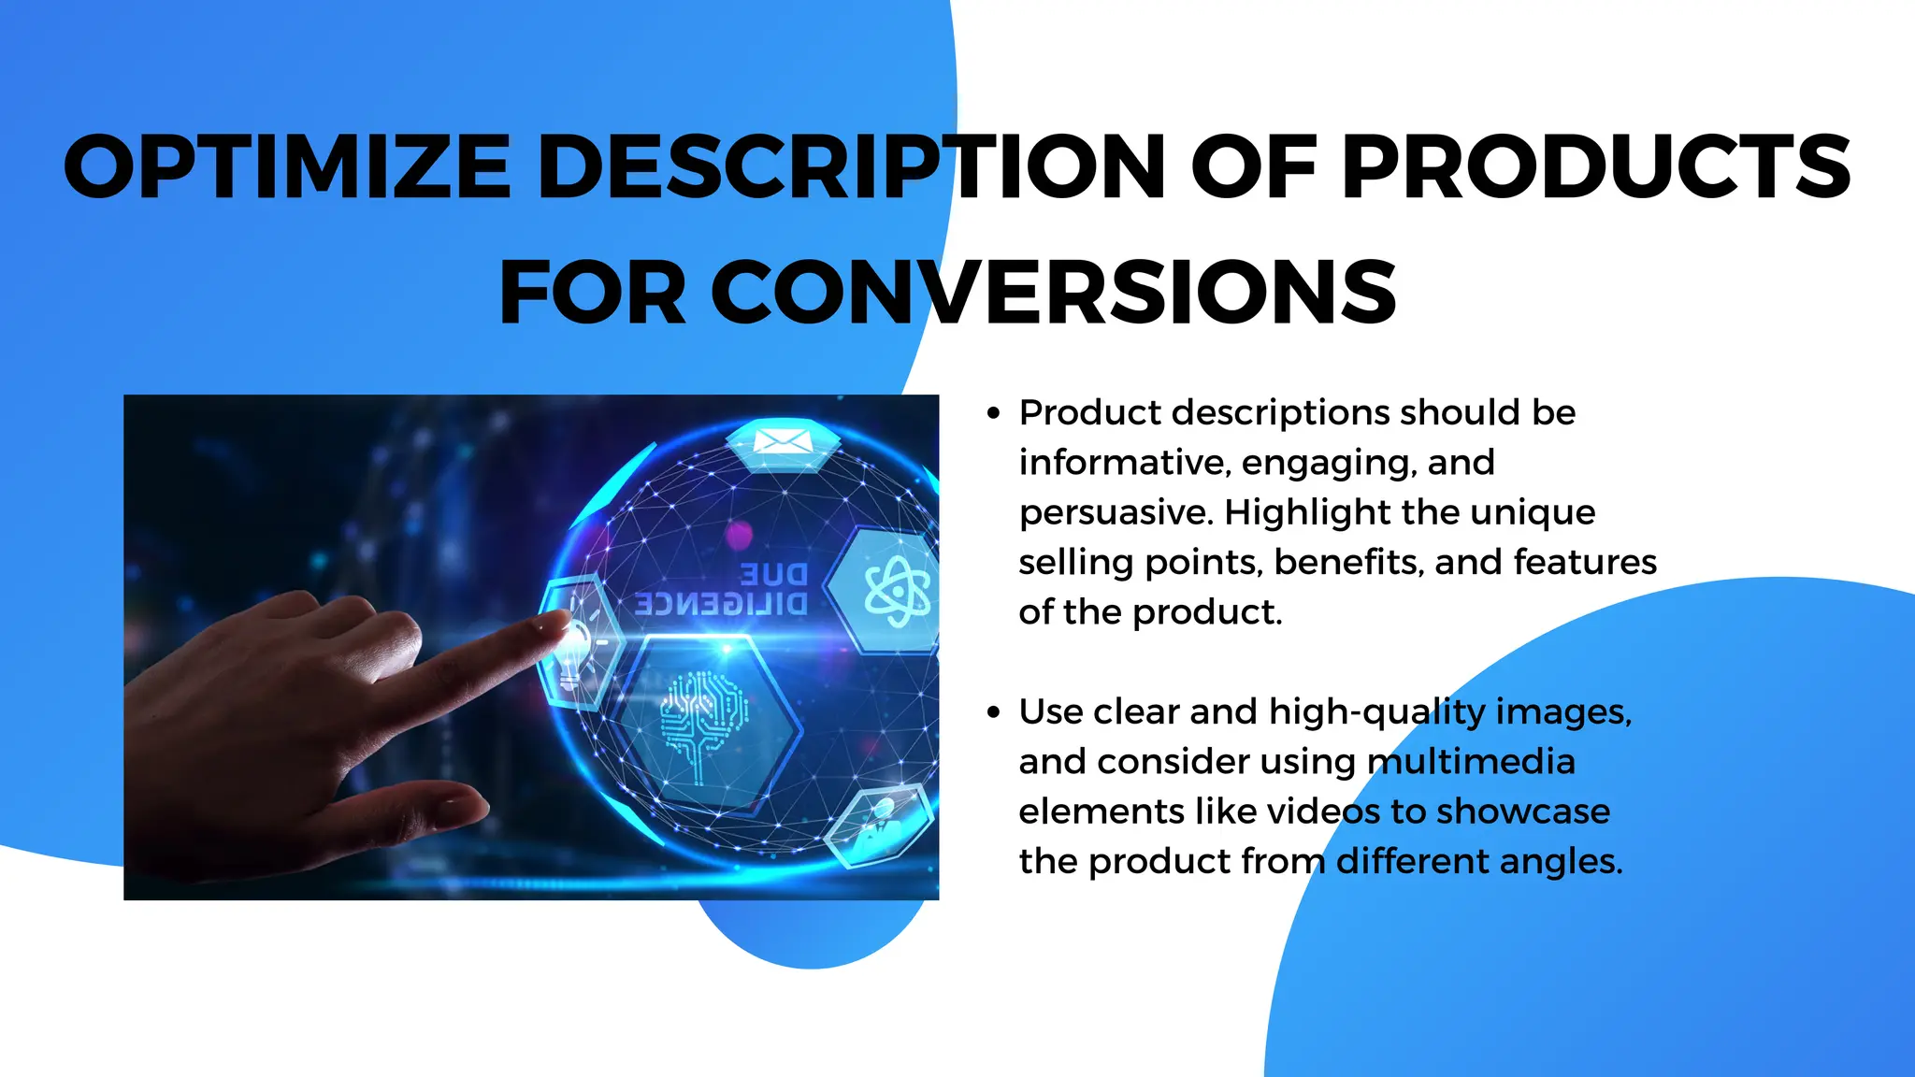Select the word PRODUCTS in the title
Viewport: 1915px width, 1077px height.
point(1596,167)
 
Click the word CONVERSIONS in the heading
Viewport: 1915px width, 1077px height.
point(1054,293)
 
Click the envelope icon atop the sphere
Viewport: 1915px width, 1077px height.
point(783,441)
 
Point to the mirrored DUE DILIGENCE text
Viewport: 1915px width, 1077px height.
point(722,589)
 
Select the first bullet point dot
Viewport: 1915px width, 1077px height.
point(993,413)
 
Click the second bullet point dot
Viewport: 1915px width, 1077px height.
point(993,712)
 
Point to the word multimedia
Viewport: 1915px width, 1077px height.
point(1471,762)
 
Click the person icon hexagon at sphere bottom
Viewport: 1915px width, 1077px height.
point(879,822)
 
